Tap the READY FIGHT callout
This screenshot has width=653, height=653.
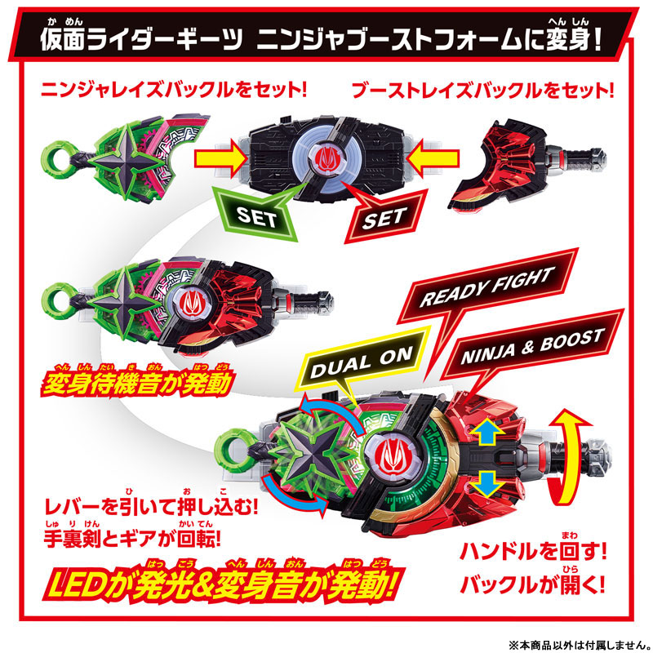coord(487,287)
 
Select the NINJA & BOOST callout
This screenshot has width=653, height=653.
coord(533,346)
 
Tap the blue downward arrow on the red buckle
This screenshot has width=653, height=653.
coord(487,483)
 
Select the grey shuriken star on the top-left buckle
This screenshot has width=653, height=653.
coord(125,160)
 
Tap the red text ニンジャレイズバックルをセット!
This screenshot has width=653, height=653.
coord(174,90)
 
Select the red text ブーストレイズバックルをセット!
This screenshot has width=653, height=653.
coord(483,91)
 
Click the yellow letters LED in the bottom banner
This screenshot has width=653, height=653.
coord(76,585)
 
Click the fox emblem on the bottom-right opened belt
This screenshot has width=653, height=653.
coord(392,453)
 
